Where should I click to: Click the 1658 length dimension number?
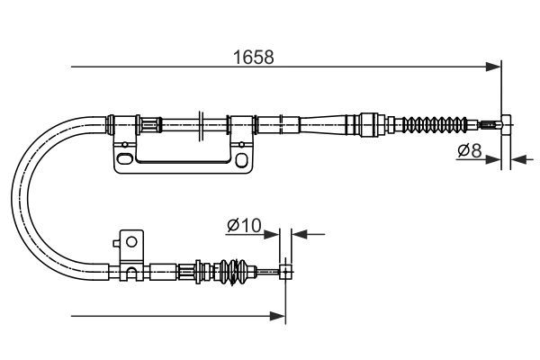[254, 58]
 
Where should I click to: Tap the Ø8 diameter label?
[470, 150]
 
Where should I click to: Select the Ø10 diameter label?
[245, 225]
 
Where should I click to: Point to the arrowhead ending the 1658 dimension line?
[493, 67]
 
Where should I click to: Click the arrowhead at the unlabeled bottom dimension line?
[277, 316]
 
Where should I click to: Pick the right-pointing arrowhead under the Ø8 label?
[493, 159]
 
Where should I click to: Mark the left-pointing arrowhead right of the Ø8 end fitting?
[518, 159]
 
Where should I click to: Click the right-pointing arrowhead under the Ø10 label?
[272, 234]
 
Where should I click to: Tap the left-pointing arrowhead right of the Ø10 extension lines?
[300, 234]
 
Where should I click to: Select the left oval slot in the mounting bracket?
[124, 158]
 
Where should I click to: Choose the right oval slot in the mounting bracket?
[241, 160]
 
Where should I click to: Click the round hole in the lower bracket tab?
[131, 241]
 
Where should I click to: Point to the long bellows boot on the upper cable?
[435, 124]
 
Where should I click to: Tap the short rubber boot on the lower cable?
[234, 272]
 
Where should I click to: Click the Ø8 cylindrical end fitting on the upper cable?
[506, 125]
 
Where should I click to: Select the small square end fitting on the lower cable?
[286, 272]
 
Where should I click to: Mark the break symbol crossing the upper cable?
[201, 125]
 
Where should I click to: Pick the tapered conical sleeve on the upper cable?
[323, 124]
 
